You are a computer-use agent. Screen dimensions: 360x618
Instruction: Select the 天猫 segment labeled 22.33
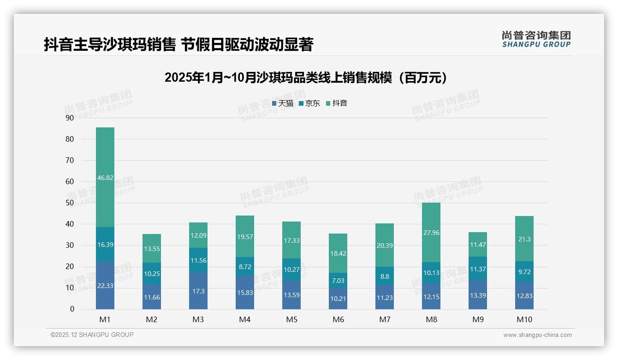[105, 286]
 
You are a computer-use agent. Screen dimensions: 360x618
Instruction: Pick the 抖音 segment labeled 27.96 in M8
[431, 233]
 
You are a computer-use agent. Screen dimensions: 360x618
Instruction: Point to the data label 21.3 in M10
[524, 239]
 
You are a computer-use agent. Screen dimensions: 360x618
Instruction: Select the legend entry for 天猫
[283, 103]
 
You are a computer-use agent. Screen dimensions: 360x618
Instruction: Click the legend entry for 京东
[309, 103]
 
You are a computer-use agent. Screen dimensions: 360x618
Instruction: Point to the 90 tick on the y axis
[70, 118]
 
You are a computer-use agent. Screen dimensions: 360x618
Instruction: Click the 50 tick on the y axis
[70, 203]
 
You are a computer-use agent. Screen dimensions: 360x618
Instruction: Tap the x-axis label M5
[291, 319]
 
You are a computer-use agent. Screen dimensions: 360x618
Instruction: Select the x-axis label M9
[478, 319]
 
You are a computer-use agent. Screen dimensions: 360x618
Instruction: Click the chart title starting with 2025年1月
[306, 78]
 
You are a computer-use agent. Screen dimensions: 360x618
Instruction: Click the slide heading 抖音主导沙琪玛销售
[178, 45]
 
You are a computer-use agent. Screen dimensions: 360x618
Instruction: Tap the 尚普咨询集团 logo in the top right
[536, 39]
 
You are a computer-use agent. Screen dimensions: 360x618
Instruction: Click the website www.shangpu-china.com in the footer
[537, 335]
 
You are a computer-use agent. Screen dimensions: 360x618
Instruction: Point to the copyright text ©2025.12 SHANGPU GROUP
[92, 335]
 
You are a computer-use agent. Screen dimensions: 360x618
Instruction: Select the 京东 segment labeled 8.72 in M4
[245, 266]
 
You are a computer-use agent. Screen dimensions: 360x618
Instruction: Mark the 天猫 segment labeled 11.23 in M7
[385, 297]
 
